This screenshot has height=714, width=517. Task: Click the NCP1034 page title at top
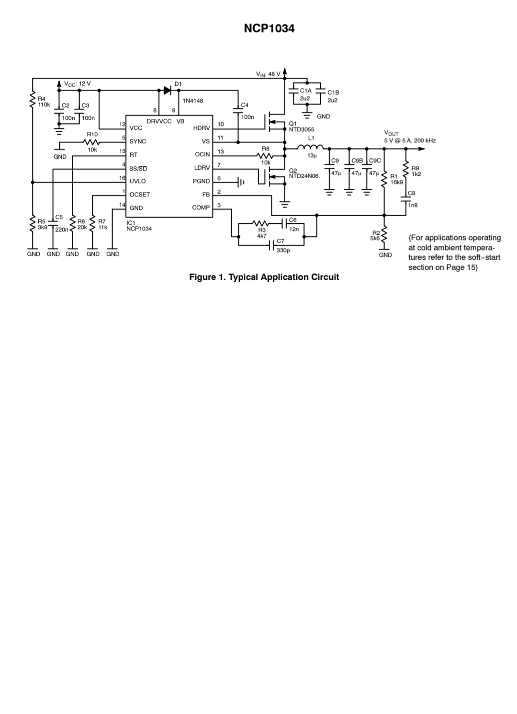[x=269, y=28]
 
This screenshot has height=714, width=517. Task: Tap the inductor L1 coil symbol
[x=310, y=147]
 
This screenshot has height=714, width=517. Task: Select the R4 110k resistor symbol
[x=33, y=100]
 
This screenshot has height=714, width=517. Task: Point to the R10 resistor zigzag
[x=92, y=142]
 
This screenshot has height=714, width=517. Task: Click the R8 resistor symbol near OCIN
[x=265, y=156]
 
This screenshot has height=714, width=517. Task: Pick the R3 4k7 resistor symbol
[x=260, y=223]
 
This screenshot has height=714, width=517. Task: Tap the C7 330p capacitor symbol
[x=271, y=245]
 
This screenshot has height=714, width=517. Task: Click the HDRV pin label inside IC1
[x=202, y=128]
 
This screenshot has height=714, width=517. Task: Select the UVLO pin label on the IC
[x=137, y=181]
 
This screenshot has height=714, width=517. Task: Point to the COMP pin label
[x=201, y=207]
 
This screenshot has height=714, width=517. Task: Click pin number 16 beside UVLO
[x=122, y=178]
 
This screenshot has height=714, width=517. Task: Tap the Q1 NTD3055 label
[x=302, y=127]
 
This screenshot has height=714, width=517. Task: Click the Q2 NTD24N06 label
[x=303, y=173]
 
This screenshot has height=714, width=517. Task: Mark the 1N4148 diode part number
[x=192, y=101]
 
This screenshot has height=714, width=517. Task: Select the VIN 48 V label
[x=268, y=74]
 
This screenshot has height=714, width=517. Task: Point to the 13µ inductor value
[x=312, y=156]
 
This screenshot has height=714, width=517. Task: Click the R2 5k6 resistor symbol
[x=384, y=234]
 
